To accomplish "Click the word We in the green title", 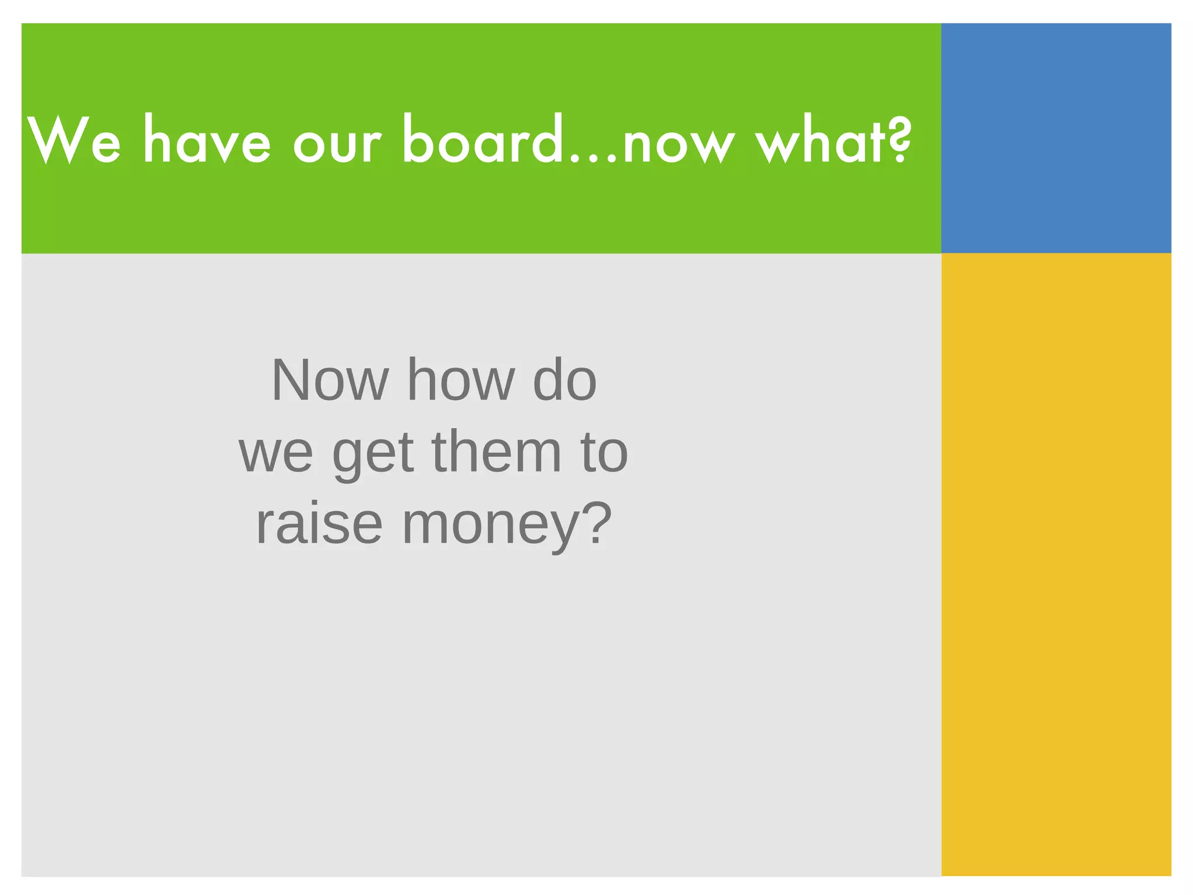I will pyautogui.click(x=74, y=140).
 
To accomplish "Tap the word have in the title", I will pyautogui.click(x=207, y=140).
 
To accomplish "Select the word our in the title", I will pyautogui.click(x=337, y=143).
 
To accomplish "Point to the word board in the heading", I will pyautogui.click(x=481, y=139).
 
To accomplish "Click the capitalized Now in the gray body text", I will pyautogui.click(x=330, y=380).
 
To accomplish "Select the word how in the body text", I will pyautogui.click(x=461, y=380).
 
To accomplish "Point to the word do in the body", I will pyautogui.click(x=565, y=380).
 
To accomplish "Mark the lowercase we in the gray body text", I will pyautogui.click(x=276, y=453).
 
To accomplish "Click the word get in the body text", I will pyautogui.click(x=373, y=454).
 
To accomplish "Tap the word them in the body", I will pyautogui.click(x=496, y=452).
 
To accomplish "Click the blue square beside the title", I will pyautogui.click(x=1056, y=138).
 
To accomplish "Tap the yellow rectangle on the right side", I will pyautogui.click(x=1056, y=564).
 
